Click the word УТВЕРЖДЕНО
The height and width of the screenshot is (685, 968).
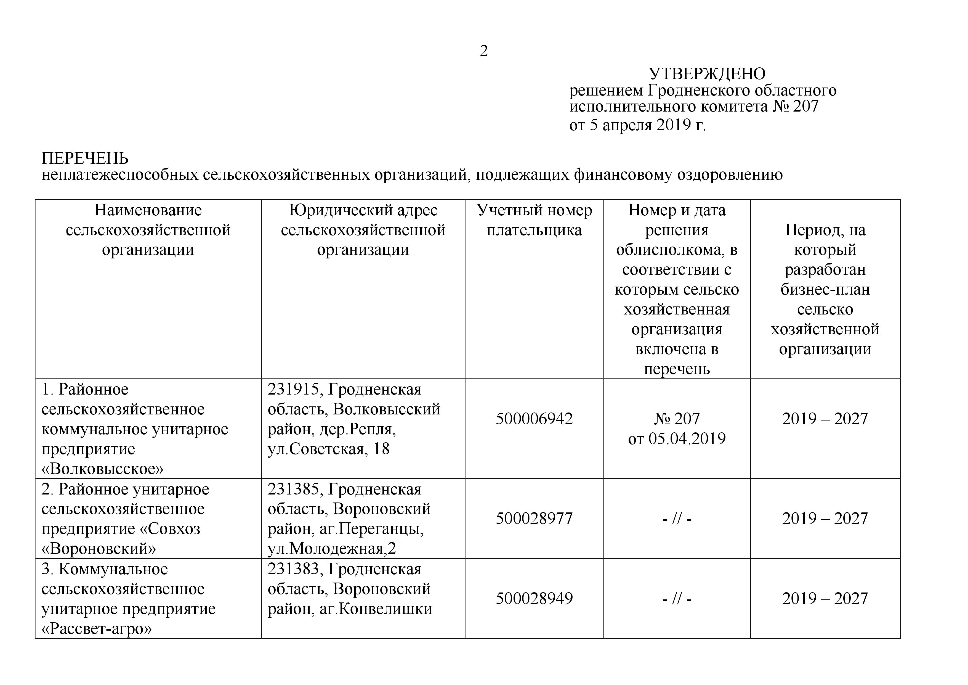coord(707,74)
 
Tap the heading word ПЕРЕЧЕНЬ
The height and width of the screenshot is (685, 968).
coord(85,158)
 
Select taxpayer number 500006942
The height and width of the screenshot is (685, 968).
coord(534,419)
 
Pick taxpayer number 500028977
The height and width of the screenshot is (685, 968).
coord(534,519)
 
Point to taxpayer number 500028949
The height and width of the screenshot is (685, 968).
coord(534,599)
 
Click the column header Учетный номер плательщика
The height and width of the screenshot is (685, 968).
coord(534,220)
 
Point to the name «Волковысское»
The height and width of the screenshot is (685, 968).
coord(102,469)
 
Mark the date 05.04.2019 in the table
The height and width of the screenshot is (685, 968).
coord(687,439)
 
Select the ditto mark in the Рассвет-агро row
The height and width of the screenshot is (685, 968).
coord(677,599)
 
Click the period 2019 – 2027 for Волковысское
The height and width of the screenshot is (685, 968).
coord(825,419)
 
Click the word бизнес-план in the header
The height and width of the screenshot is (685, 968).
coord(825,289)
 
